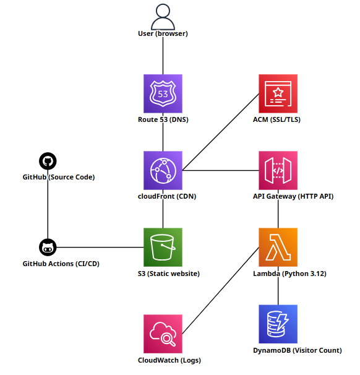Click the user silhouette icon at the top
163,16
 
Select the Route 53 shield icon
163,93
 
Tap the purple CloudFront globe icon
163,170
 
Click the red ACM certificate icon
278,93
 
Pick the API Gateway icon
278,170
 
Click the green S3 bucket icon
163,247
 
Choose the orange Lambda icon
278,247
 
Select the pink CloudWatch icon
163,334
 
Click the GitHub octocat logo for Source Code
48,162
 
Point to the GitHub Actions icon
48,248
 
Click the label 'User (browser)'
163,33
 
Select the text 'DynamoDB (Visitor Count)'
298,350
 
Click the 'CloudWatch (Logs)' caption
169,360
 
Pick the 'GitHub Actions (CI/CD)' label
61,264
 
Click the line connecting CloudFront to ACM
220,132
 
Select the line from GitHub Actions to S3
99,248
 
